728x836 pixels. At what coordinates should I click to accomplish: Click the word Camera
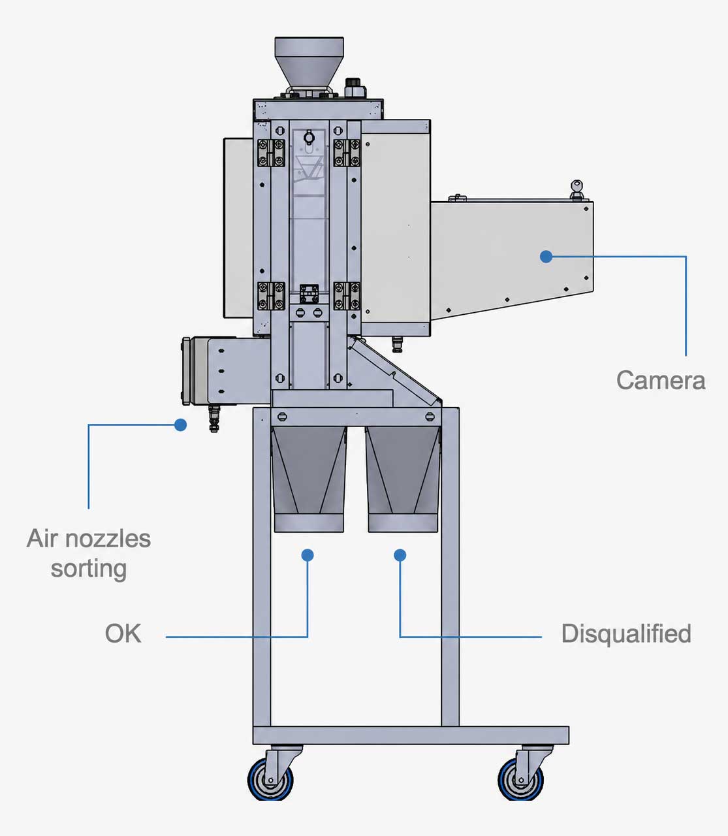point(661,380)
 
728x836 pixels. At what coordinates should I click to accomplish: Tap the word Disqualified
point(626,634)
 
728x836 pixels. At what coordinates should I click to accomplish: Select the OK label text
point(123,634)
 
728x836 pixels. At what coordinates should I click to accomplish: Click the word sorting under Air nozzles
point(89,570)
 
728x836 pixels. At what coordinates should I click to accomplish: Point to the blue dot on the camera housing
point(546,257)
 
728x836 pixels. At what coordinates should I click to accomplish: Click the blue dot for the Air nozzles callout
point(180,425)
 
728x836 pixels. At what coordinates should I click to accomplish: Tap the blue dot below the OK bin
point(308,555)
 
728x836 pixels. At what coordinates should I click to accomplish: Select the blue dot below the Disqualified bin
point(400,555)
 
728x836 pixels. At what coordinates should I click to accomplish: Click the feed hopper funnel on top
point(309,61)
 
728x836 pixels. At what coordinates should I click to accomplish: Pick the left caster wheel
point(270,779)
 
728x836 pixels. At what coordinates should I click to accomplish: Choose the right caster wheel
point(520,779)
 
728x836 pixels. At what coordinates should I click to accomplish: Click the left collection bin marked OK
point(309,479)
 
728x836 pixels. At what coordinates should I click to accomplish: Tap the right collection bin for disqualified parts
point(403,479)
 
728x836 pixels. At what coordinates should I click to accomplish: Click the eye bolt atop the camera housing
point(577,189)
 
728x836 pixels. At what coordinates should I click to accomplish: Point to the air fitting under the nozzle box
point(214,418)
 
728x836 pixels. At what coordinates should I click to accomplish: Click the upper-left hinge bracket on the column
point(271,153)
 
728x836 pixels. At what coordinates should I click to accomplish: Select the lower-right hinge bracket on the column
point(347,295)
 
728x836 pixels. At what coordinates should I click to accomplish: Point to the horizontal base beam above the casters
point(411,735)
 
